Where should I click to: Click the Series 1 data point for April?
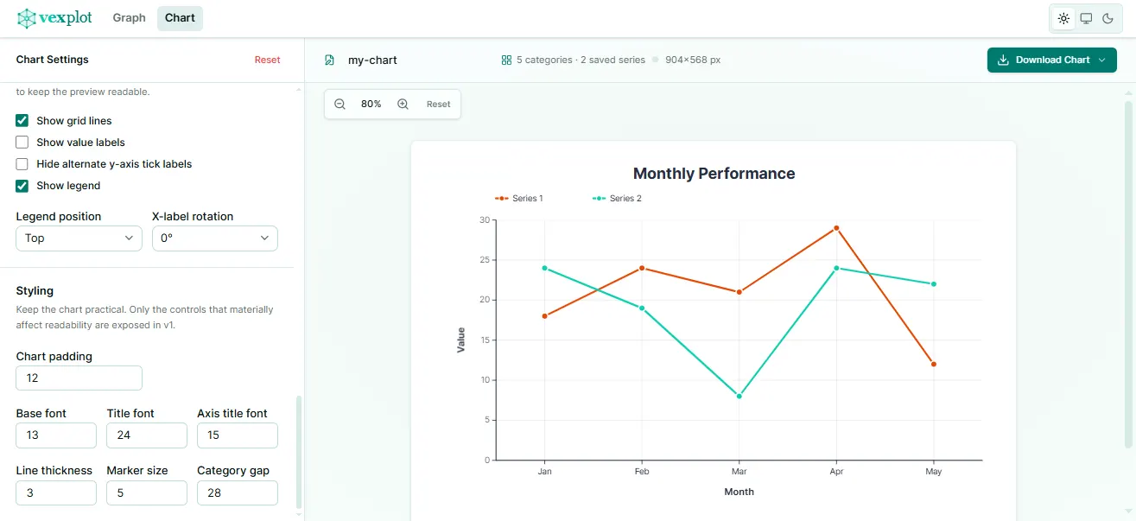point(836,228)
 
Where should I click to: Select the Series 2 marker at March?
point(739,396)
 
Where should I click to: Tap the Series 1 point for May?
point(934,364)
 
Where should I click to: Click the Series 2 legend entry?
point(617,199)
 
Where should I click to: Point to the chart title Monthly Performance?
point(714,174)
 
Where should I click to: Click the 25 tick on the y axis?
point(485,260)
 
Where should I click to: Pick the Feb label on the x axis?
point(642,473)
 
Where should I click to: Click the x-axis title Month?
point(739,492)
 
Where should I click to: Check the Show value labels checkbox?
point(22,143)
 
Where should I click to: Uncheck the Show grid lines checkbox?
point(22,121)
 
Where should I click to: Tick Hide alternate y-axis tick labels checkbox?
point(22,164)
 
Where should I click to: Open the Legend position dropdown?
point(79,238)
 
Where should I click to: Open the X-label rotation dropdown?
point(214,238)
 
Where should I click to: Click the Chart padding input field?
point(79,378)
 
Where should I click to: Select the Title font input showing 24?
point(146,435)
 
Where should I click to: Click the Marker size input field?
point(146,492)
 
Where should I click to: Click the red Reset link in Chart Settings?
point(267,60)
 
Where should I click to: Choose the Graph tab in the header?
point(129,18)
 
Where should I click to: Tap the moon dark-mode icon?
point(1107,18)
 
